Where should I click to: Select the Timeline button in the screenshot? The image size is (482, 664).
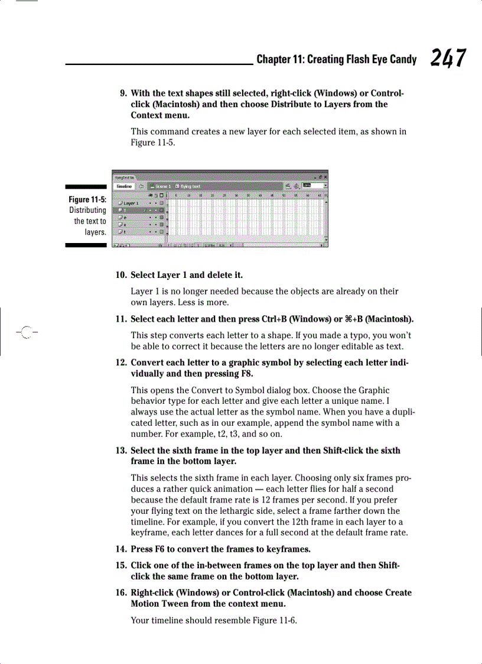[x=123, y=186]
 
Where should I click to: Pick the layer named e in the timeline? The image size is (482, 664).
[x=125, y=217]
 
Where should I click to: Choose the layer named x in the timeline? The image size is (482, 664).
[x=125, y=225]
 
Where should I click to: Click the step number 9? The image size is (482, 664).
[x=123, y=93]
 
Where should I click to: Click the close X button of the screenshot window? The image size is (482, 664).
[x=325, y=177]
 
